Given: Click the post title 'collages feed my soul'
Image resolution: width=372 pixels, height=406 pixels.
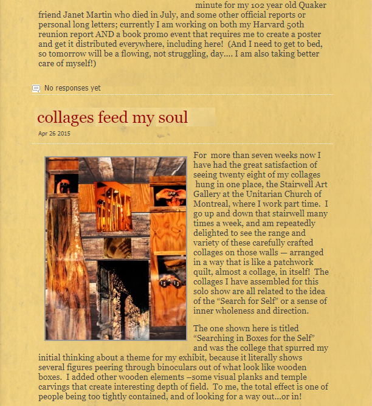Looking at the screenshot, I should coord(112,117).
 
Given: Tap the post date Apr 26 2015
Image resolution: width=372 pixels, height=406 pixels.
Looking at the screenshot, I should coord(54,134).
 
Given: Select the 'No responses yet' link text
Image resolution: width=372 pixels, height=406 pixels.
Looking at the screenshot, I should coord(72,88).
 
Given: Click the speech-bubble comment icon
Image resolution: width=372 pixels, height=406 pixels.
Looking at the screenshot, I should coord(36,89).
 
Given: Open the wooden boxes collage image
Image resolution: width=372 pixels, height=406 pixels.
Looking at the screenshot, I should coord(115,248).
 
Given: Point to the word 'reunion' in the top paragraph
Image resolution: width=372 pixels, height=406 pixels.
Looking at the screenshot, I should coord(53,34).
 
